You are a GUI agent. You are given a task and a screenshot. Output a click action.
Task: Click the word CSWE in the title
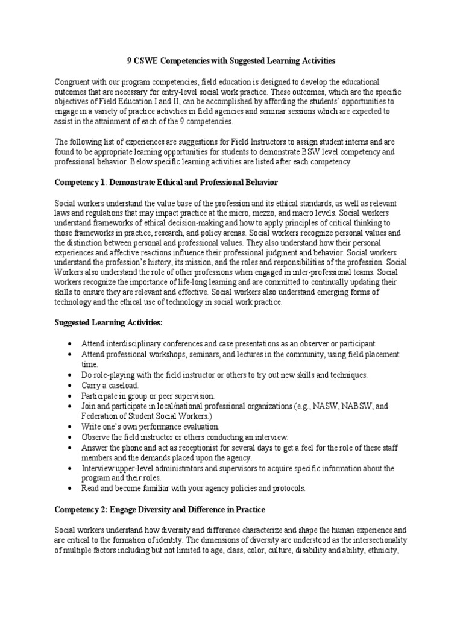(x=143, y=61)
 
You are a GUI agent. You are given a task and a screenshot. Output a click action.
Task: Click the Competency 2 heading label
(x=80, y=509)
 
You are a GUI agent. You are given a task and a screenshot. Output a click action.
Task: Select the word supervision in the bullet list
(x=191, y=395)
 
